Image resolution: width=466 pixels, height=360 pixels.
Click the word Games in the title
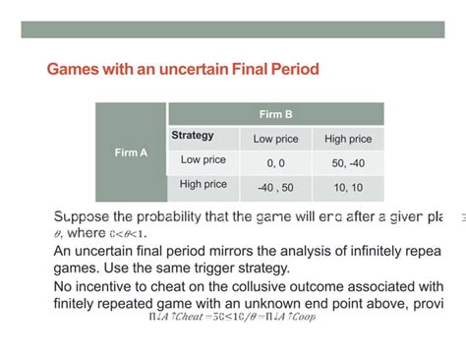(73, 71)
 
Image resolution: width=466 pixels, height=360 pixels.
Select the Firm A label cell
(131, 152)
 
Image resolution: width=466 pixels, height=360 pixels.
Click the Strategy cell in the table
(193, 136)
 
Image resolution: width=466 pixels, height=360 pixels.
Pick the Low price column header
(276, 139)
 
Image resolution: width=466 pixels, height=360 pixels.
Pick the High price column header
(347, 139)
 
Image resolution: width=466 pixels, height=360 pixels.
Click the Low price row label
(204, 160)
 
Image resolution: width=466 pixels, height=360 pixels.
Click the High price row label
(204, 184)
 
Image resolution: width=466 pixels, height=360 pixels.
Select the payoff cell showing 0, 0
(276, 162)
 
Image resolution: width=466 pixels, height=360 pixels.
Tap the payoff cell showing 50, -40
(347, 162)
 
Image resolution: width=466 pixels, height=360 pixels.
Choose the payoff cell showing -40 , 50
(276, 186)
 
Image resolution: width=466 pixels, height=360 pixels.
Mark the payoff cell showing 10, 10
(347, 186)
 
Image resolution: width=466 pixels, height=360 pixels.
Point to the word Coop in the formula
(303, 318)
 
